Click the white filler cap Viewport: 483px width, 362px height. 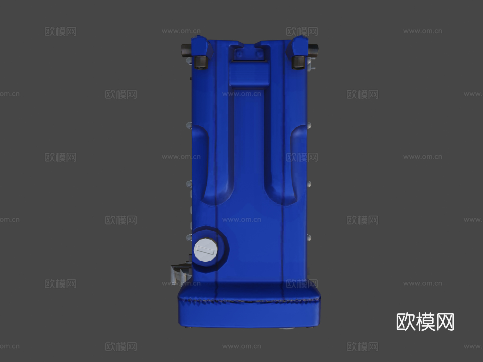(x=206, y=250)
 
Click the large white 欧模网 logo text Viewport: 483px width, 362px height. (x=425, y=322)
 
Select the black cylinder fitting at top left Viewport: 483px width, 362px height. (x=201, y=62)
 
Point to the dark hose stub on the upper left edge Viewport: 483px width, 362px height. (x=186, y=50)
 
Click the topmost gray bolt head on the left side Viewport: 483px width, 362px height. (x=188, y=125)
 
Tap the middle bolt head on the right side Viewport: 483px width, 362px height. (x=309, y=184)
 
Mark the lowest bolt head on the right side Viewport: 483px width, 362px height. (x=309, y=237)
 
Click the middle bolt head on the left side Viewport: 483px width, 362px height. (x=189, y=184)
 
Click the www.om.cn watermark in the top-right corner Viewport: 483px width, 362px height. (x=422, y=31)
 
